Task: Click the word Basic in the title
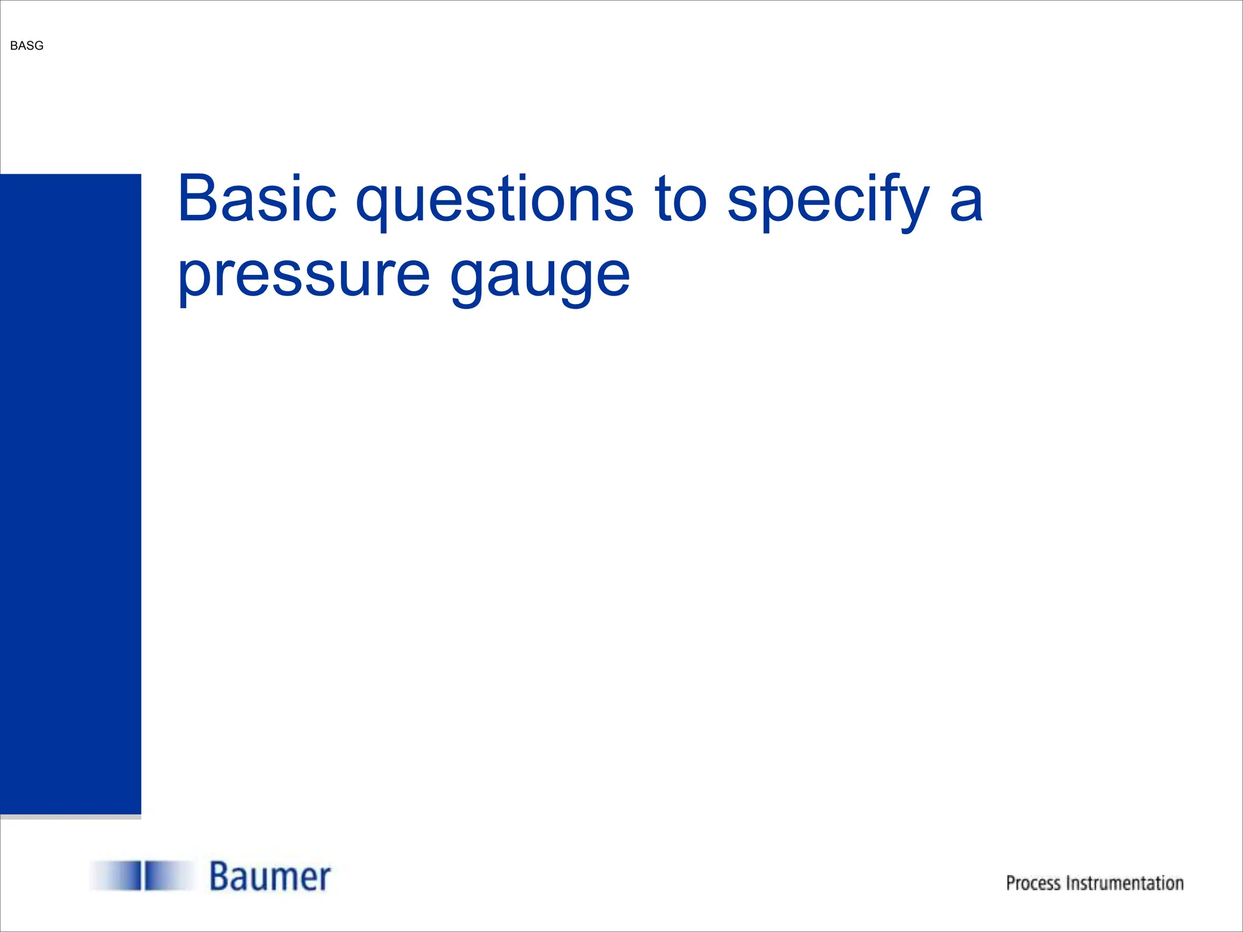[x=257, y=199]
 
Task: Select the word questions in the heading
[x=495, y=200]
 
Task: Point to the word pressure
[x=303, y=276]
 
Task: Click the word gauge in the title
[x=540, y=276]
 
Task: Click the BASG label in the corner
[x=27, y=46]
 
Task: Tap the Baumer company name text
[x=270, y=877]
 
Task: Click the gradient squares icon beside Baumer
[x=143, y=876]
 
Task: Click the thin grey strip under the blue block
[x=70, y=817]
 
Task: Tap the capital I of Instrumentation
[x=1069, y=883]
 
